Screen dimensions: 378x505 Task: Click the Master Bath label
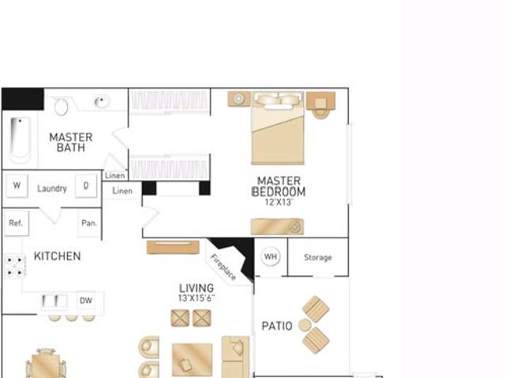click(70, 142)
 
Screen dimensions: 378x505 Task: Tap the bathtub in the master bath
click(20, 140)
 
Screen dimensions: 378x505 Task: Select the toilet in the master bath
click(62, 106)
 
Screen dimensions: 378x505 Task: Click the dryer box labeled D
click(86, 187)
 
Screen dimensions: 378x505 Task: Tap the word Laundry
click(52, 189)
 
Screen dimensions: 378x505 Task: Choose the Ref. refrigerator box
click(15, 223)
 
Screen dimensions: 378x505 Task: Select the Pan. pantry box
click(89, 223)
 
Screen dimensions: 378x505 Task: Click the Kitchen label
click(57, 256)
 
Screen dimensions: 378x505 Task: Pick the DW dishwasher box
click(86, 301)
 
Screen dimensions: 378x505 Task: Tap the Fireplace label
click(223, 266)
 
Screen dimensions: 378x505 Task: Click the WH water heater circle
click(271, 256)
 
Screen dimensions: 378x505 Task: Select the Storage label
click(318, 257)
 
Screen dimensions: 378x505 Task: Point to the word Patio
click(277, 326)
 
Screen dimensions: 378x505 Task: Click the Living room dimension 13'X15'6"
click(196, 299)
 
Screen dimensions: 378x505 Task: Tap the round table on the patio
click(305, 325)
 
